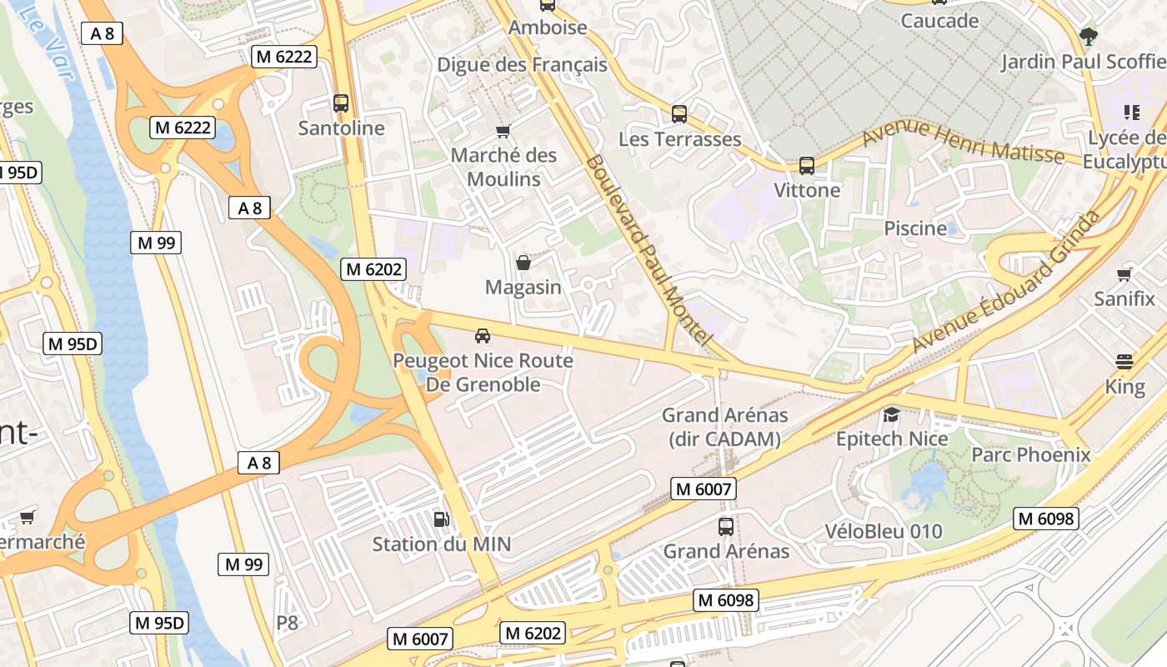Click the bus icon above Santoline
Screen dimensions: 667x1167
pyautogui.click(x=340, y=103)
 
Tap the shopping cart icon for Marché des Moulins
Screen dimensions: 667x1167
pyautogui.click(x=503, y=131)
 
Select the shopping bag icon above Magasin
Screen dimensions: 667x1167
pyautogui.click(x=523, y=263)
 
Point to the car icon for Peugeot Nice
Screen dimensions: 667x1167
pyautogui.click(x=482, y=336)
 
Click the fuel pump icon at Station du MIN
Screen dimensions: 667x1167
pyautogui.click(x=441, y=519)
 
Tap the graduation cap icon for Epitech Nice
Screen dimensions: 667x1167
pyautogui.click(x=891, y=414)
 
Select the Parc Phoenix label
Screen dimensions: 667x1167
pyautogui.click(x=1030, y=454)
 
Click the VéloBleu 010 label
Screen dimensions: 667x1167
pyautogui.click(x=883, y=531)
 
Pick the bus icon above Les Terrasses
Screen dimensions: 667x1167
pyautogui.click(x=679, y=114)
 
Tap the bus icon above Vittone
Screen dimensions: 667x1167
pyautogui.click(x=806, y=165)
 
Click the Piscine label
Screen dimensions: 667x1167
pyautogui.click(x=915, y=228)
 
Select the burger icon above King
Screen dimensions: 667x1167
pyautogui.click(x=1124, y=362)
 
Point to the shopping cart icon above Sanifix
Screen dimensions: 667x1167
pyautogui.click(x=1124, y=274)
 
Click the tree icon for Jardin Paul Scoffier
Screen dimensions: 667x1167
pyautogui.click(x=1088, y=36)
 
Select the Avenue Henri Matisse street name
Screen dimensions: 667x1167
pyautogui.click(x=963, y=143)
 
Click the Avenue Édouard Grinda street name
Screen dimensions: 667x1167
pyautogui.click(x=1006, y=282)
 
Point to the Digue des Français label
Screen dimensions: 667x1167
pyautogui.click(x=522, y=64)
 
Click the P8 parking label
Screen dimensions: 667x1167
pyautogui.click(x=287, y=622)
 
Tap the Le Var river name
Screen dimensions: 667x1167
pyautogui.click(x=52, y=41)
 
